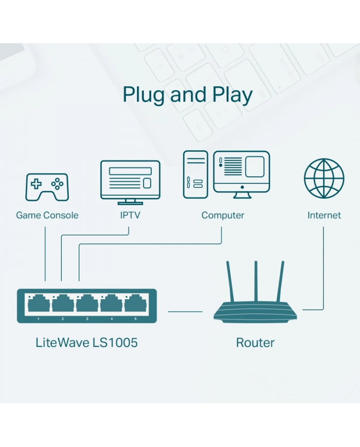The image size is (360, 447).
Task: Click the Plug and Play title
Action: [187, 95]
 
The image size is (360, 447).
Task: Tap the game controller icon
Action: [47, 187]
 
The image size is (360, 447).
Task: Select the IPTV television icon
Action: [130, 181]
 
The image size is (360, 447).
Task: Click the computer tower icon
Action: [195, 174]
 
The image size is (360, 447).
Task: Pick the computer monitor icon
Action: [241, 172]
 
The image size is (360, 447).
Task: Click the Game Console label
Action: [47, 215]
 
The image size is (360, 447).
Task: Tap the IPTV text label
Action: [130, 215]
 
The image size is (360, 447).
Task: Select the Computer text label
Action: [223, 215]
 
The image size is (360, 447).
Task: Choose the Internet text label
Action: [324, 215]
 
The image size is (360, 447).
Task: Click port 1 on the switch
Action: [39, 303]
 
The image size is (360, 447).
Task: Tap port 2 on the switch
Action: [63, 303]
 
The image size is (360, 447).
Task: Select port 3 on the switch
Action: [87, 303]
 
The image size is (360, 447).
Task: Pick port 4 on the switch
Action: [111, 303]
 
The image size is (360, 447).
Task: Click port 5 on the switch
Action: [135, 303]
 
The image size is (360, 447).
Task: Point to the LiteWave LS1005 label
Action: [86, 343]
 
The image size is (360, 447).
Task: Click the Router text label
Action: [255, 343]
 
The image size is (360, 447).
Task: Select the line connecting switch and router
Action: [185, 311]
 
